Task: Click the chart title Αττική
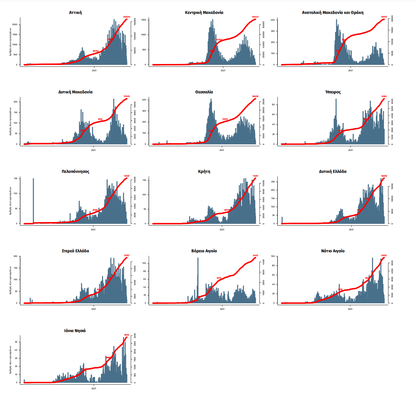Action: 75,13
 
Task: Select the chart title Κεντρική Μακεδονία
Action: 204,13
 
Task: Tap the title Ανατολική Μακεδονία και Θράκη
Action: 333,13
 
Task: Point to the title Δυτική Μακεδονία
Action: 75,92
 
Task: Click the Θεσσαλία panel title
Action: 204,92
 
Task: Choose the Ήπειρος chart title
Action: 333,92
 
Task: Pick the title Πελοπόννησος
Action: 75,172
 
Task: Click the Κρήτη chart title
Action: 204,172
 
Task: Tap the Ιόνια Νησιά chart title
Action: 75,331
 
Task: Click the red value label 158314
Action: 127,17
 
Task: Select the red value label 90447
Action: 255,17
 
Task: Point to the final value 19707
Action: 384,17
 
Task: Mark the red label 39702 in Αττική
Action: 96,51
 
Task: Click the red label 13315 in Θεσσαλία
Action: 225,119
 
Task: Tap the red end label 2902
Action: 127,335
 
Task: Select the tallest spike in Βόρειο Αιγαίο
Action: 198,278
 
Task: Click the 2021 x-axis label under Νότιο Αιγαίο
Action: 350,309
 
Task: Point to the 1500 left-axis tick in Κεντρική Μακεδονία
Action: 144,20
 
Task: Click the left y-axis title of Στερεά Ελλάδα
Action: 10,280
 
